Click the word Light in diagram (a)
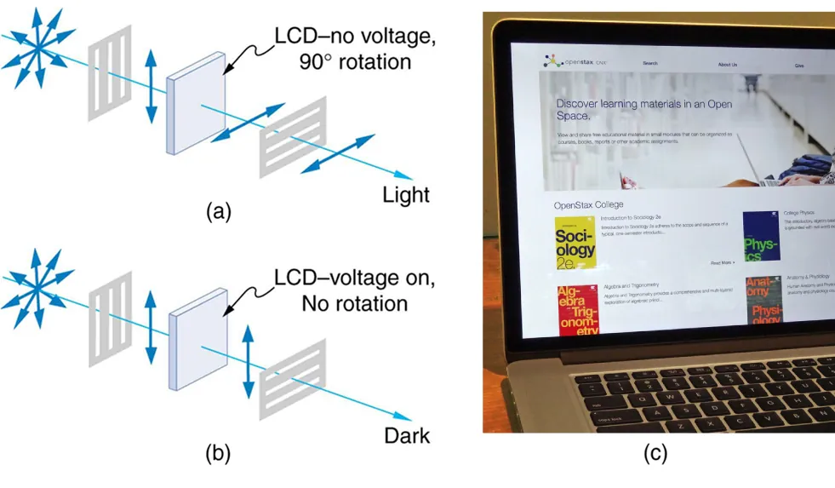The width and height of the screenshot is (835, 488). [405, 195]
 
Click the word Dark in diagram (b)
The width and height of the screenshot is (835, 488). [407, 436]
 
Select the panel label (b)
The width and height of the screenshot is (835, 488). [219, 454]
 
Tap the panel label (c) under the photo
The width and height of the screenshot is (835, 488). [654, 454]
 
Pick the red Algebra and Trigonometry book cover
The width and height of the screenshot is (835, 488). [577, 309]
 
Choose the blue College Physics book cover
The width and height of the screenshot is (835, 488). [761, 238]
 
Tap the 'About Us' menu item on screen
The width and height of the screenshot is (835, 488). [727, 65]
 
